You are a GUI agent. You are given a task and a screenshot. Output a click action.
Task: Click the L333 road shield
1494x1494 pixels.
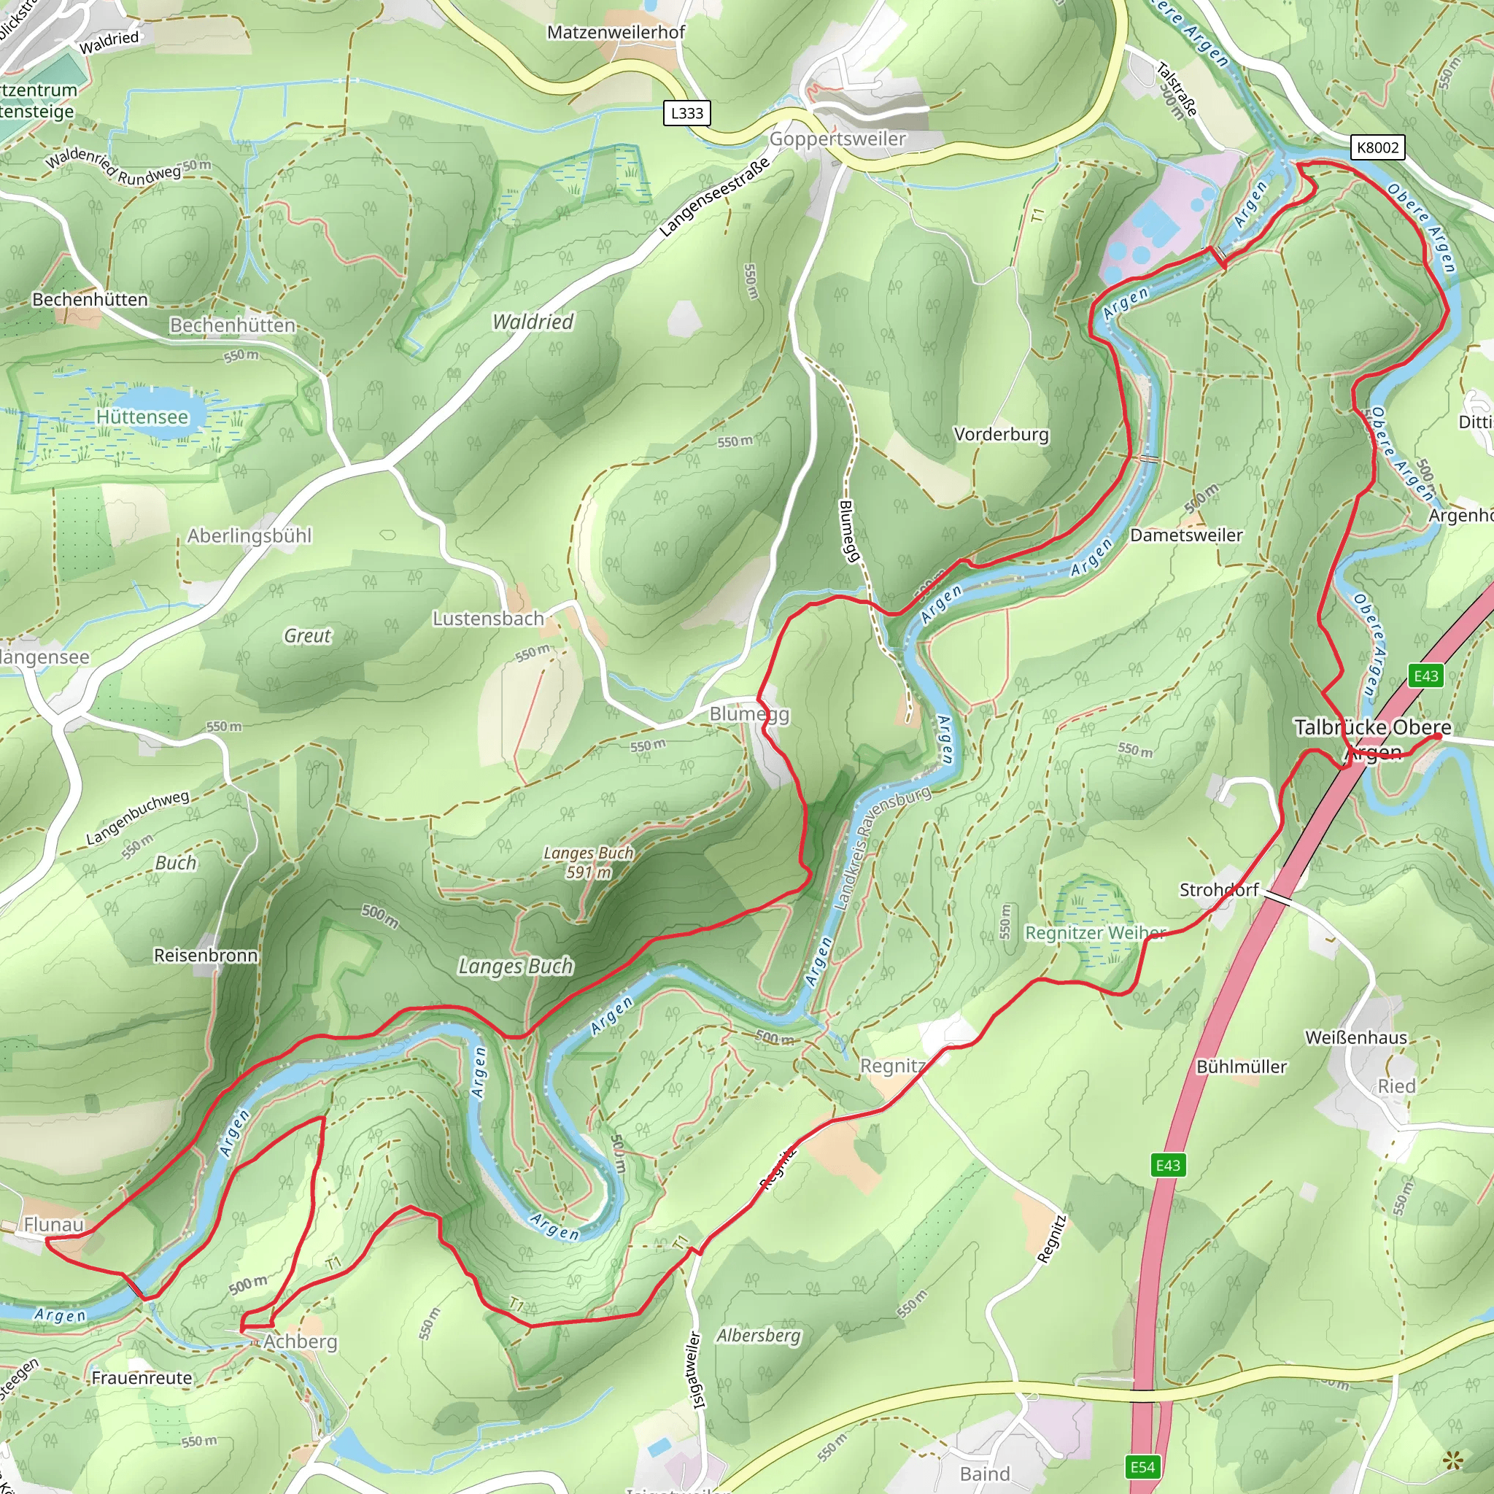coord(686,114)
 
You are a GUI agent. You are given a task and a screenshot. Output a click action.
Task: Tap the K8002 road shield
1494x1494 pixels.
coord(1377,147)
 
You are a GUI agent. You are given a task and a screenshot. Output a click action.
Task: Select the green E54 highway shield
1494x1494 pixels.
coord(1142,1467)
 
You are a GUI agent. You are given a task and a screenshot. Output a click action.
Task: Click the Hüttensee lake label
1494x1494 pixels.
coord(142,417)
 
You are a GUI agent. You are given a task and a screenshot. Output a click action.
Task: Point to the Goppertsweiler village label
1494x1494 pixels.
coord(837,139)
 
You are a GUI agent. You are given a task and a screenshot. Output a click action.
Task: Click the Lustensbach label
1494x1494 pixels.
coord(488,619)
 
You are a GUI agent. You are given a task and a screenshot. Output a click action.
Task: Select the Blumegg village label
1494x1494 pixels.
coord(748,713)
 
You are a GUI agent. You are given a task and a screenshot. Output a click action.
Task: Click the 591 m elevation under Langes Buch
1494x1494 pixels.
coord(589,872)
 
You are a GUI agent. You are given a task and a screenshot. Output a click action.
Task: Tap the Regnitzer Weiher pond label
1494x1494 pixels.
coord(1095,932)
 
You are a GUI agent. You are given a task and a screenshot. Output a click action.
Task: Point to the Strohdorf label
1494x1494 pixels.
coord(1219,889)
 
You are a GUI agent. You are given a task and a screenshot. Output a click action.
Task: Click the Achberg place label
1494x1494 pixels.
coord(300,1342)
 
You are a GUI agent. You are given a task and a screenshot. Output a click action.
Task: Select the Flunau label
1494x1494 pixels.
coord(53,1224)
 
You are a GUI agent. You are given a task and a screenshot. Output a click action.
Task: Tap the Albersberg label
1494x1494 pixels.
coord(758,1336)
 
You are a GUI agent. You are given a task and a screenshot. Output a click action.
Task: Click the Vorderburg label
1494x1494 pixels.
coord(1001,434)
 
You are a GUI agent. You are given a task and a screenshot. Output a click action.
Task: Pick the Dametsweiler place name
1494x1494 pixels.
coord(1186,535)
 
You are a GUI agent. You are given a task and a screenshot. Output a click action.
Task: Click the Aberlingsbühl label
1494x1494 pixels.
coord(249,536)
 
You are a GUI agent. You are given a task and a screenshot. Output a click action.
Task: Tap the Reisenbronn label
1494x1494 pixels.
coord(206,955)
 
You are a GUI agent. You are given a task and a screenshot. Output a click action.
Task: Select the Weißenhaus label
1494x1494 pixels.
coord(1355,1037)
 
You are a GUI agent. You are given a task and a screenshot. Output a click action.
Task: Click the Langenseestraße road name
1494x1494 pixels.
coord(716,196)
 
